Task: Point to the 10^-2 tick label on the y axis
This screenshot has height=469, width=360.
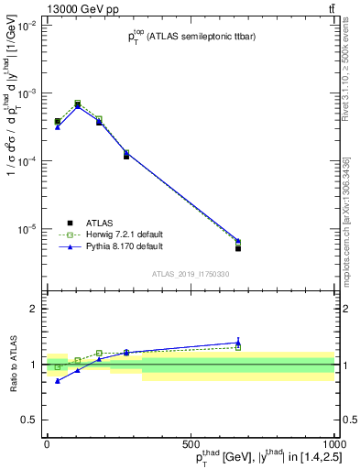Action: click(x=27, y=27)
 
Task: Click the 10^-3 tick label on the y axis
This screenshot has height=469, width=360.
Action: click(x=27, y=94)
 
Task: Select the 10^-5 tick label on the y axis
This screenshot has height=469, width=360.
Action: click(x=27, y=229)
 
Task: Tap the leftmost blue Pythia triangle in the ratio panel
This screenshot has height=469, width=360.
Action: click(x=58, y=380)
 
